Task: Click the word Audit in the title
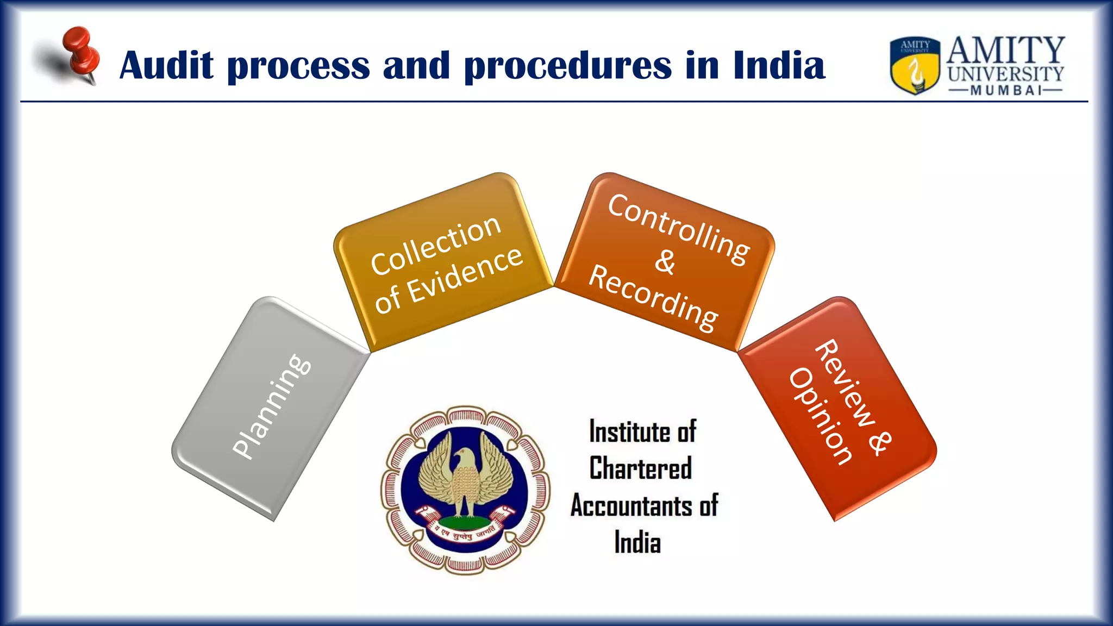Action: click(166, 66)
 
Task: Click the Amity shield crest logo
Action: click(915, 65)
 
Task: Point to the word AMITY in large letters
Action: click(1005, 50)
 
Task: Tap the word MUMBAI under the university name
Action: click(1005, 90)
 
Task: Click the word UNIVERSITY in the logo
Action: click(1005, 74)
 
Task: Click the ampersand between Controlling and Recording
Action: click(665, 262)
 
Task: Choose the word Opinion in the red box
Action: click(820, 416)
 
